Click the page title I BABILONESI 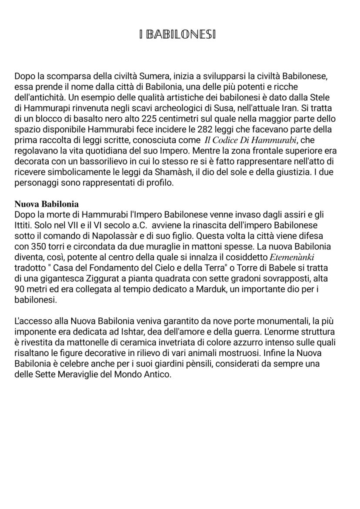[x=178, y=34]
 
